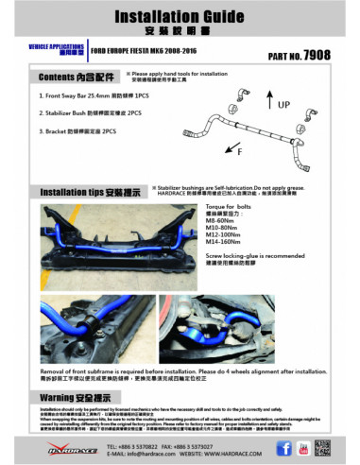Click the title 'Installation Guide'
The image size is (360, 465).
coord(180,17)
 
